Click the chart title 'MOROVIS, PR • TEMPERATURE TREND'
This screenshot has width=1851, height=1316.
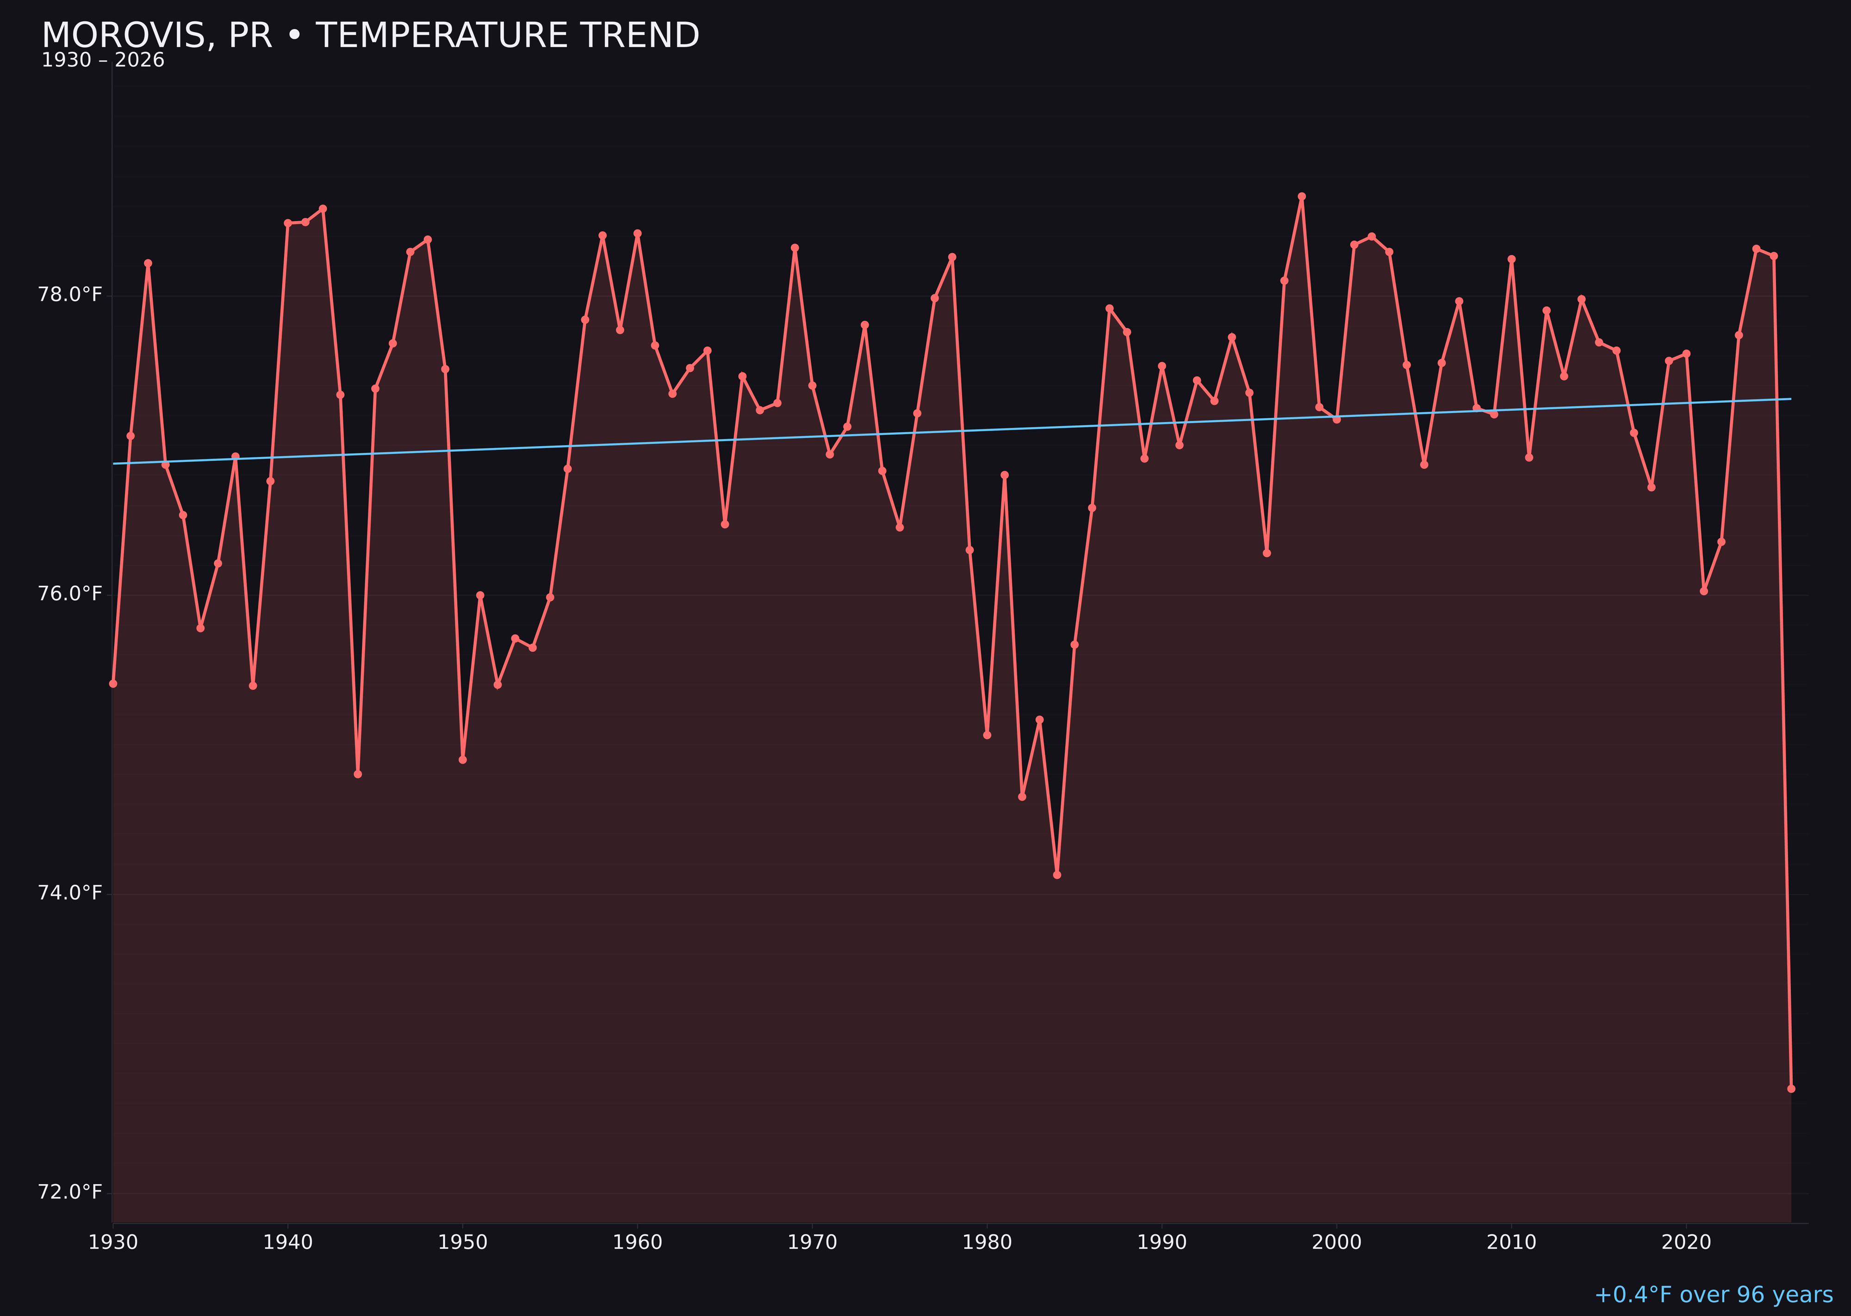point(370,36)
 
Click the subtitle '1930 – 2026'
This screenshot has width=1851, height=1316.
point(103,61)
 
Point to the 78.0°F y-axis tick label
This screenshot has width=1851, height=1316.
point(70,294)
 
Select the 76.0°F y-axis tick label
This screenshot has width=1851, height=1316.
point(70,594)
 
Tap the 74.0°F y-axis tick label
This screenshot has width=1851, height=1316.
point(70,893)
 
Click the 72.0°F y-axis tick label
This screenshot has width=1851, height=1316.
point(70,1192)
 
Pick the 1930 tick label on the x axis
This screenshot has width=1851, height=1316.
point(113,1242)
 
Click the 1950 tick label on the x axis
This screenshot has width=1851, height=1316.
point(463,1242)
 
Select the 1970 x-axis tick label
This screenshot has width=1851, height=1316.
point(812,1242)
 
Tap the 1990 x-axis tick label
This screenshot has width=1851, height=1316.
point(1162,1242)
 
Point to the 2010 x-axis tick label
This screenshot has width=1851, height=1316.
point(1511,1242)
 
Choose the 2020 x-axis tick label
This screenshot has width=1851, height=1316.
point(1686,1242)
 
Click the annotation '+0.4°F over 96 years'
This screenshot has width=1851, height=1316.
point(1713,1295)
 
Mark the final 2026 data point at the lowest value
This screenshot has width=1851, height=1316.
point(1791,1088)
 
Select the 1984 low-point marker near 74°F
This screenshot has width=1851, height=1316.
point(1057,875)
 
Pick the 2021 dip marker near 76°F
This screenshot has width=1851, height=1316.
point(1703,591)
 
